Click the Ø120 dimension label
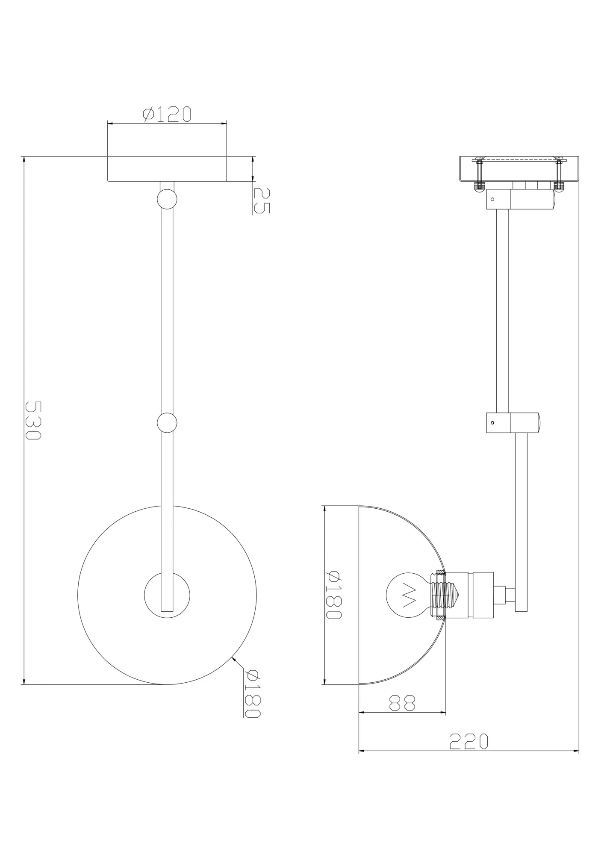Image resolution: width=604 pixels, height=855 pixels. click(x=167, y=114)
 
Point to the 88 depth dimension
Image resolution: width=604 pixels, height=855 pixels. click(x=402, y=702)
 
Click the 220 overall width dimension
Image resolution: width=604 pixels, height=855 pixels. click(x=468, y=741)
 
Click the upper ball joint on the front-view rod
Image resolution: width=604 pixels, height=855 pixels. click(x=167, y=199)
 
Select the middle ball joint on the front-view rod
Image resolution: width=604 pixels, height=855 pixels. click(x=167, y=423)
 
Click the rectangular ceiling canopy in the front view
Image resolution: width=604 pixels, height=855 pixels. click(x=167, y=169)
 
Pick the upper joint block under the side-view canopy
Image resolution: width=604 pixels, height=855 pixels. click(x=519, y=200)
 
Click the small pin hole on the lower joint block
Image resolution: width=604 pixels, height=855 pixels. click(x=492, y=423)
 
